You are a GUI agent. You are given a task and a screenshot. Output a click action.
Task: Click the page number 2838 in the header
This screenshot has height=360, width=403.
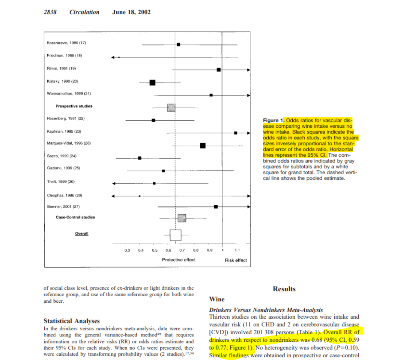50,12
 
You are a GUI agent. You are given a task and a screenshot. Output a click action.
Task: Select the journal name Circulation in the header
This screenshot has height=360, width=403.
84,12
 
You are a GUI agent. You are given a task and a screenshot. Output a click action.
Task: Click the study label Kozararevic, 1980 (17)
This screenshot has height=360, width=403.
66,43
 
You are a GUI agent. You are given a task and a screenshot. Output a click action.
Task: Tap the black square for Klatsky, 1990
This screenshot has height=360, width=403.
152,82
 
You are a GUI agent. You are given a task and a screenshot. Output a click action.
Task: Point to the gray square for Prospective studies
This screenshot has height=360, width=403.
171,108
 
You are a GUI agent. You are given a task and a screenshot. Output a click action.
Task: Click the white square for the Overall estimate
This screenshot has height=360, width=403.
175,235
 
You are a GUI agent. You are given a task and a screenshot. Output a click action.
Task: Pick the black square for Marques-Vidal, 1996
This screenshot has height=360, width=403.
203,145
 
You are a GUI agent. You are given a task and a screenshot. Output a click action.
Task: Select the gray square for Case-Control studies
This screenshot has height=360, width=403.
182,218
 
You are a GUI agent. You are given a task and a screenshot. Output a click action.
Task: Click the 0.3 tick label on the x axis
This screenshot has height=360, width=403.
127,250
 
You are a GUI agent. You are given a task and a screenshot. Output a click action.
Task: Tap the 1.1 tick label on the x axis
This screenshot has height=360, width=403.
237,250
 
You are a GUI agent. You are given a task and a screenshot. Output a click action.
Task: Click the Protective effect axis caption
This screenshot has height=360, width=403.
178,260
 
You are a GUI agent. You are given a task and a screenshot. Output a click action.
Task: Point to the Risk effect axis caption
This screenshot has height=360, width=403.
236,260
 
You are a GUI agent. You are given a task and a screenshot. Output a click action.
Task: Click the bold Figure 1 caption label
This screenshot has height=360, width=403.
273,120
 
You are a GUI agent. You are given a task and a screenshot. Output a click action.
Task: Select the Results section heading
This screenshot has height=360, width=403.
284,289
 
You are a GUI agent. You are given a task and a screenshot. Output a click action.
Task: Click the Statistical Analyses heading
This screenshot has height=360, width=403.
71,321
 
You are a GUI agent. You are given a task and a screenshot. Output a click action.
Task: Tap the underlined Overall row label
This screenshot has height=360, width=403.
82,233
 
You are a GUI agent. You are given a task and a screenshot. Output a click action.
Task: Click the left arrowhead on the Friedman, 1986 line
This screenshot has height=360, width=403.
113,57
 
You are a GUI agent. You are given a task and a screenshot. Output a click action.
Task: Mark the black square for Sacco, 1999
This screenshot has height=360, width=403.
140,158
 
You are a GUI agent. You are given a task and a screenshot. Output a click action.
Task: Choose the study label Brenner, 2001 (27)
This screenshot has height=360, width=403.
63,206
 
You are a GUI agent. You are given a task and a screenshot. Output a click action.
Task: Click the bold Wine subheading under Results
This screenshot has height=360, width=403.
216,299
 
